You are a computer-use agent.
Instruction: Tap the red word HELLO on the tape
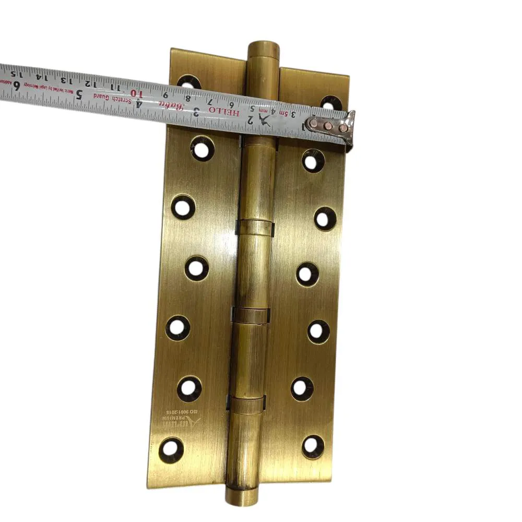tap(224, 111)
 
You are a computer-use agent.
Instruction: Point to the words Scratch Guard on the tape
tap(113, 97)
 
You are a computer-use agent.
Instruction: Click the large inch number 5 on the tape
tap(79, 94)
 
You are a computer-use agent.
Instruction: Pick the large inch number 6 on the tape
tap(17, 86)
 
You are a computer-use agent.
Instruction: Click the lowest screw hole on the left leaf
tap(171, 448)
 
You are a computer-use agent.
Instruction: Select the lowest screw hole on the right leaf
tap(312, 446)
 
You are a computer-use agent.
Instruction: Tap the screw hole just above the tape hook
tap(331, 103)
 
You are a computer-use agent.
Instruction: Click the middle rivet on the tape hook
tap(327, 126)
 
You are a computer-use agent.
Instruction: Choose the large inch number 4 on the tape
tap(139, 102)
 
